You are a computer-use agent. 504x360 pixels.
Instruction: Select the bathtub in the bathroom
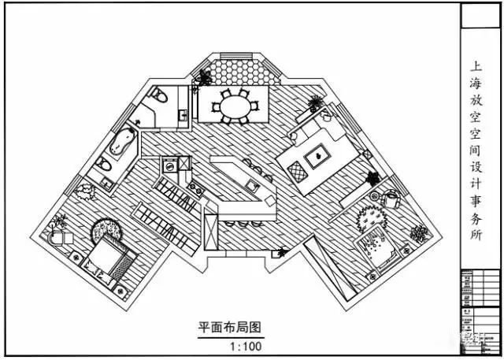pyautogui.click(x=122, y=143)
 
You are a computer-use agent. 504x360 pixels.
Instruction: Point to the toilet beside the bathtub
pyautogui.click(x=103, y=166)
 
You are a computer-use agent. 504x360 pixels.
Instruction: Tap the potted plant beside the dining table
pyautogui.click(x=205, y=77)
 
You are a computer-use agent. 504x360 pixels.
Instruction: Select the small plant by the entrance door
pyautogui.click(x=281, y=253)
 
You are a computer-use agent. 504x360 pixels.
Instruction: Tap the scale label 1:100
pyautogui.click(x=245, y=345)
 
